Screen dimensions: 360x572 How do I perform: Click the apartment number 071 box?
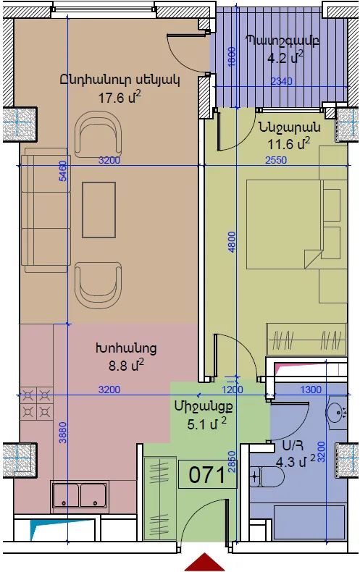pos(207,474)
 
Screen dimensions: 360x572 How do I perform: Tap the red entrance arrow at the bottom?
pos(204,562)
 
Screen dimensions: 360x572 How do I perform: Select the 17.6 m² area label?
pos(120,98)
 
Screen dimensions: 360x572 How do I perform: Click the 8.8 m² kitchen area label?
pos(126,365)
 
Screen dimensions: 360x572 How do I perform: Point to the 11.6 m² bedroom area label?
pos(289,143)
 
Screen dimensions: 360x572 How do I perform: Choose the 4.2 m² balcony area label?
pos(285,58)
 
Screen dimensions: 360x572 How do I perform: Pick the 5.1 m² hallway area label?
pos(206,424)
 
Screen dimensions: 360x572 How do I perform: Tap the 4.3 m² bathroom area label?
pos(296,462)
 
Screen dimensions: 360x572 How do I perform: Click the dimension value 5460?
pos(63,171)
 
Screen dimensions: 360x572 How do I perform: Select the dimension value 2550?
pos(276,160)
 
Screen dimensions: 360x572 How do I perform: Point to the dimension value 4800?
pos(232,242)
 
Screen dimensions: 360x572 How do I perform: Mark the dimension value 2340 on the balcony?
pos(282,81)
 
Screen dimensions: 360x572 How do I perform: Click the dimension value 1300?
pos(311,390)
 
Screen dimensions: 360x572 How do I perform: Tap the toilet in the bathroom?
pos(267,476)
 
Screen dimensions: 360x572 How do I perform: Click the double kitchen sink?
pos(80,495)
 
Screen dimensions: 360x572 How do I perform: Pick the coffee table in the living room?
pos(99,210)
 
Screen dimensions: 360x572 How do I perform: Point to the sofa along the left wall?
pos(46,210)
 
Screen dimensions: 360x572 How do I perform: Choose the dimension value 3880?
pos(63,432)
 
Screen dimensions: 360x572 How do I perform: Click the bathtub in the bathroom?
pos(309,523)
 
